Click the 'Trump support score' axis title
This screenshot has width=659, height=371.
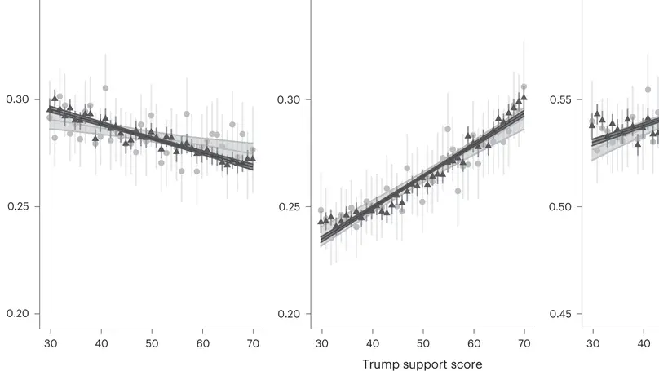coord(422,364)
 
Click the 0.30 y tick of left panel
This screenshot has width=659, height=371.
coord(17,99)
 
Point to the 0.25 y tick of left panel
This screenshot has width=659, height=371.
coord(17,206)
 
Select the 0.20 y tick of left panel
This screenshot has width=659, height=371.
coord(17,314)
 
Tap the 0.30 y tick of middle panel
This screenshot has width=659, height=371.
coord(288,99)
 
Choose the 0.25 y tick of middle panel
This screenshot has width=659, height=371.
coord(288,206)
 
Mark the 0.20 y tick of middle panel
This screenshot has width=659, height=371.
coord(288,314)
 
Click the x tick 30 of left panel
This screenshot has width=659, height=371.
coord(51,343)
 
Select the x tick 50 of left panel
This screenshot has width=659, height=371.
coord(152,343)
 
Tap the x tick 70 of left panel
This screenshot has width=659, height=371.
coord(253,343)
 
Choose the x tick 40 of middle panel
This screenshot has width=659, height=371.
coord(372,343)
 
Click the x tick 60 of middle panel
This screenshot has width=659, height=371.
coord(474,343)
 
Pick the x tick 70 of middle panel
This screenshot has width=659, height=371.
coord(524,343)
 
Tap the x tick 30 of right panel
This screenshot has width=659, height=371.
coord(593,343)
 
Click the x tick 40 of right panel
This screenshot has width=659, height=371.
coord(644,343)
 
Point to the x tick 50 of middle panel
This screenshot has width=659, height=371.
coord(422,343)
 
